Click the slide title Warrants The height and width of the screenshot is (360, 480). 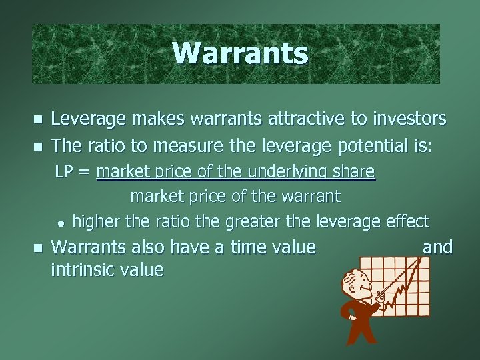240,53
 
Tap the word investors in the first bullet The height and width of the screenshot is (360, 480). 406,119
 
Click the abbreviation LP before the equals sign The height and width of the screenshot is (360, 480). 64,172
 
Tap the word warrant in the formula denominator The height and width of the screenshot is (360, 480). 313,197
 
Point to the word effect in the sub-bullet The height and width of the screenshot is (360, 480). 407,221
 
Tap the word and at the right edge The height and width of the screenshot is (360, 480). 438,247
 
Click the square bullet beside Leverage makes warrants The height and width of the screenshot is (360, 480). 37,120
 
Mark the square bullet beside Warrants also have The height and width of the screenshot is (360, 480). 37,248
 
